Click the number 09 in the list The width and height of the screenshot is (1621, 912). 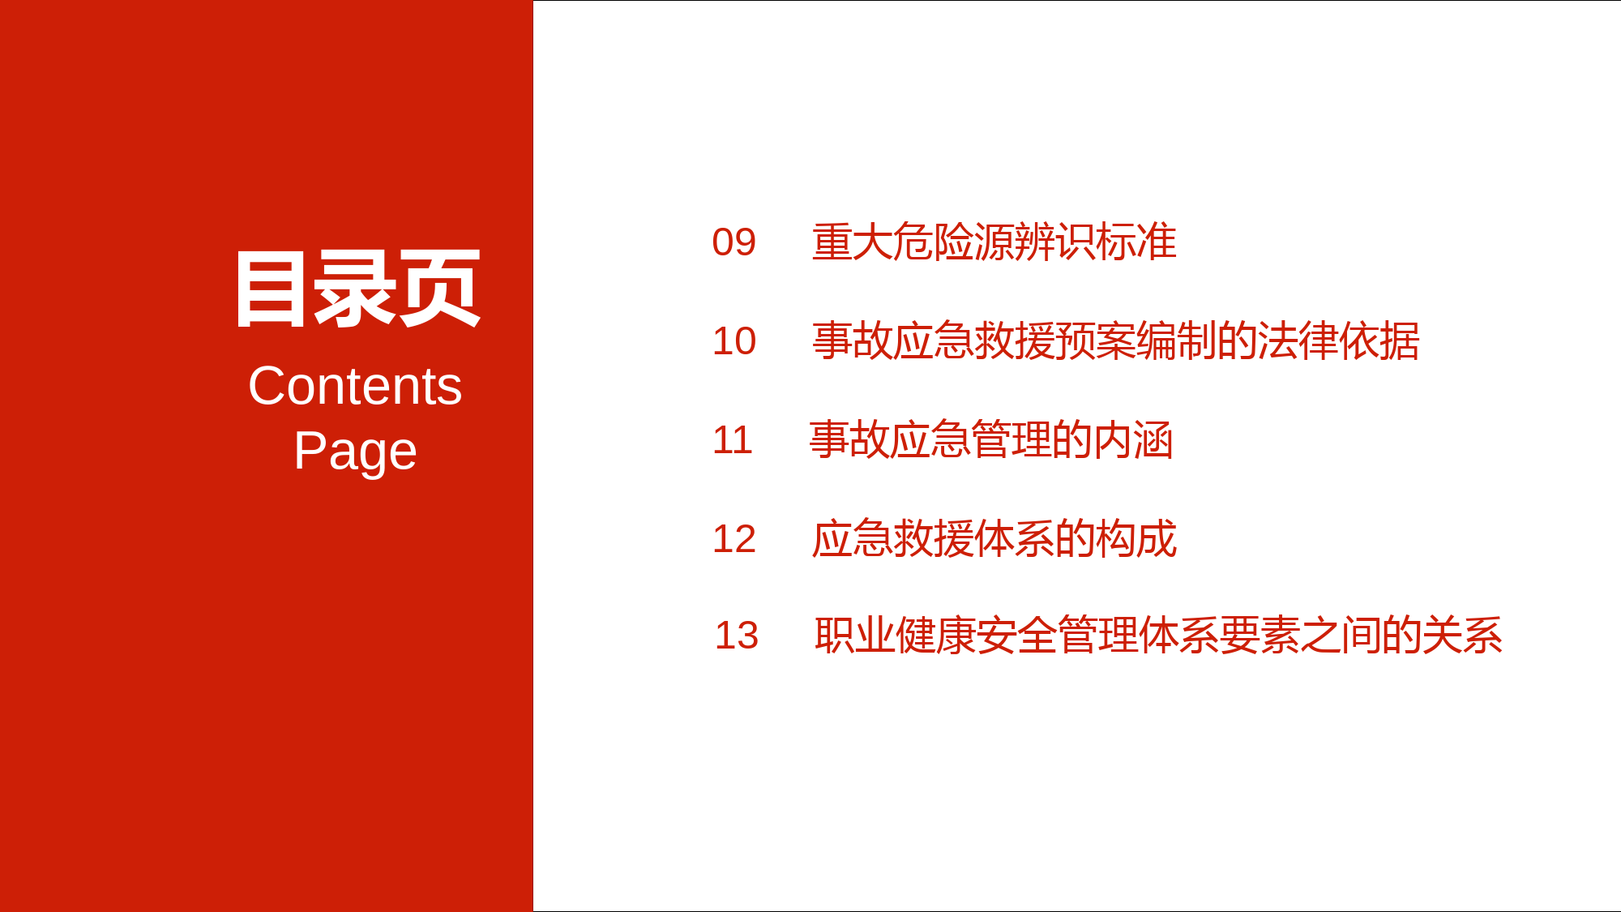coord(734,242)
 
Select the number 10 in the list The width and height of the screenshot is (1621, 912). coord(734,341)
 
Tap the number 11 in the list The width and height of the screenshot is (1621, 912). coord(732,440)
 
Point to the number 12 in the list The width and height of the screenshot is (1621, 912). coord(734,539)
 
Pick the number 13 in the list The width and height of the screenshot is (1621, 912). coord(736,636)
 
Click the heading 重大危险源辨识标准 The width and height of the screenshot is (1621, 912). coord(994,242)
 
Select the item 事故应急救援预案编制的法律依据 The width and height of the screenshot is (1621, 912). coord(1116,341)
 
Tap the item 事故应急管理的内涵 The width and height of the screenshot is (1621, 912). coord(991,440)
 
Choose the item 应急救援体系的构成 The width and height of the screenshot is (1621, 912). coord(994,539)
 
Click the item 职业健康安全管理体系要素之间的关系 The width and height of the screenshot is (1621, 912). coord(1159,636)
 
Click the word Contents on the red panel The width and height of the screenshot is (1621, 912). coord(355,386)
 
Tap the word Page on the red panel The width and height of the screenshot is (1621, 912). coord(355,452)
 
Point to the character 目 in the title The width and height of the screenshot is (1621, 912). coord(271,289)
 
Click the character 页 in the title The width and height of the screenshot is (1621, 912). coord(440,289)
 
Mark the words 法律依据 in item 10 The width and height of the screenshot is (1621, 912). coord(1339,341)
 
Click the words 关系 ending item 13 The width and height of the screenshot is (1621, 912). coord(1463,636)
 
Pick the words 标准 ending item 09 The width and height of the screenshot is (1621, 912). coord(1136,242)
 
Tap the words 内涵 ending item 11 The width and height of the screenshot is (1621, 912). coord(1133,440)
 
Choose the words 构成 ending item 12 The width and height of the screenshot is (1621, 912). coord(1136,539)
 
